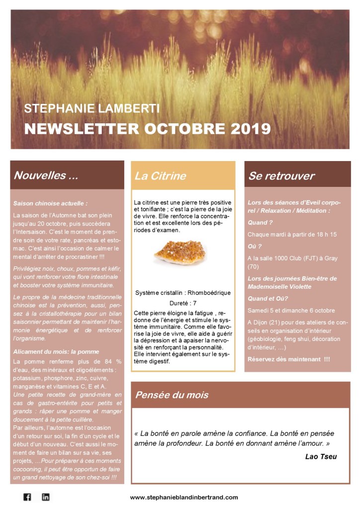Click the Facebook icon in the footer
(x=27, y=497)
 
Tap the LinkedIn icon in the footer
(x=45, y=497)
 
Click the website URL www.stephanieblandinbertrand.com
(x=184, y=497)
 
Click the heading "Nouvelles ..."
(x=46, y=175)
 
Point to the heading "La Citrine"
(x=160, y=175)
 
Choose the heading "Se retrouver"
(x=281, y=176)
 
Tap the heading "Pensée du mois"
(x=172, y=395)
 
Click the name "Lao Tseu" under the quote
(x=321, y=456)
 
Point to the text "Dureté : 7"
(x=183, y=302)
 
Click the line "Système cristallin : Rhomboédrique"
(x=183, y=293)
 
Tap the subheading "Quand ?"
(x=260, y=223)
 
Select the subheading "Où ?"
(x=255, y=246)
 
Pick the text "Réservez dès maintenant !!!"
(x=288, y=358)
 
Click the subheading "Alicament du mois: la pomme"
(x=56, y=351)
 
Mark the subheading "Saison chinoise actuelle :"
(x=50, y=203)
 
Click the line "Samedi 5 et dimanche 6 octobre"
(x=291, y=310)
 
